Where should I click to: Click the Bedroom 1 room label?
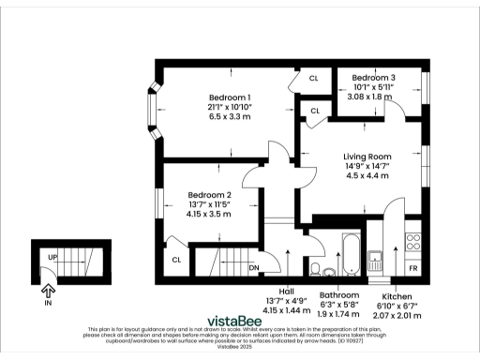click(x=230, y=98)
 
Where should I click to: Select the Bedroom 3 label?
click(x=374, y=77)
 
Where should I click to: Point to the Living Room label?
click(x=367, y=157)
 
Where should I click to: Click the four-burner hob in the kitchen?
click(x=412, y=246)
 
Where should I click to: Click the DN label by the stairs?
click(x=254, y=267)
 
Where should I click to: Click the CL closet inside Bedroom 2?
click(x=175, y=260)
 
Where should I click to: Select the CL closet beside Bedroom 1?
click(x=314, y=79)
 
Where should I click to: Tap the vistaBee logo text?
click(x=240, y=318)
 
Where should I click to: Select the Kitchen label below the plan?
click(x=397, y=294)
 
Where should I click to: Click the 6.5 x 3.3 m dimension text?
click(x=230, y=117)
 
